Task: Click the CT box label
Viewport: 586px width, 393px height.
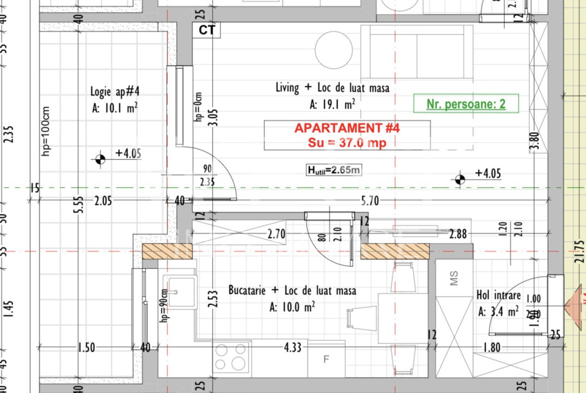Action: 206,30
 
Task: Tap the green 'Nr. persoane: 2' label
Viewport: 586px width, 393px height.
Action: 465,104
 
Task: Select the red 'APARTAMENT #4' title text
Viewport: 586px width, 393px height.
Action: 347,128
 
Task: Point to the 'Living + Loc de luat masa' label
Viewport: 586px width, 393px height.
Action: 332,87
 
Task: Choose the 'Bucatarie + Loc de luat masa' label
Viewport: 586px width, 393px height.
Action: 292,290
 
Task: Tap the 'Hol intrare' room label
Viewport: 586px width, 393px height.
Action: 499,296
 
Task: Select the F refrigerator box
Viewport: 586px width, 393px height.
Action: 327,359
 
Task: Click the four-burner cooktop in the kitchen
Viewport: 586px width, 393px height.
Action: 232,357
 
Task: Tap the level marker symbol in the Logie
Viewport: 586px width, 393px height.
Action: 100,159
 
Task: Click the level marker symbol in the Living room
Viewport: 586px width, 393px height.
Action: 460,178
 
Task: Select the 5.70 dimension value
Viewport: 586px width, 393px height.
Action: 370,201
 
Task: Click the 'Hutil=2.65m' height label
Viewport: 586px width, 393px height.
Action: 334,170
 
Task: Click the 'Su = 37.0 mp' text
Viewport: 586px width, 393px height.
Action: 347,143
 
